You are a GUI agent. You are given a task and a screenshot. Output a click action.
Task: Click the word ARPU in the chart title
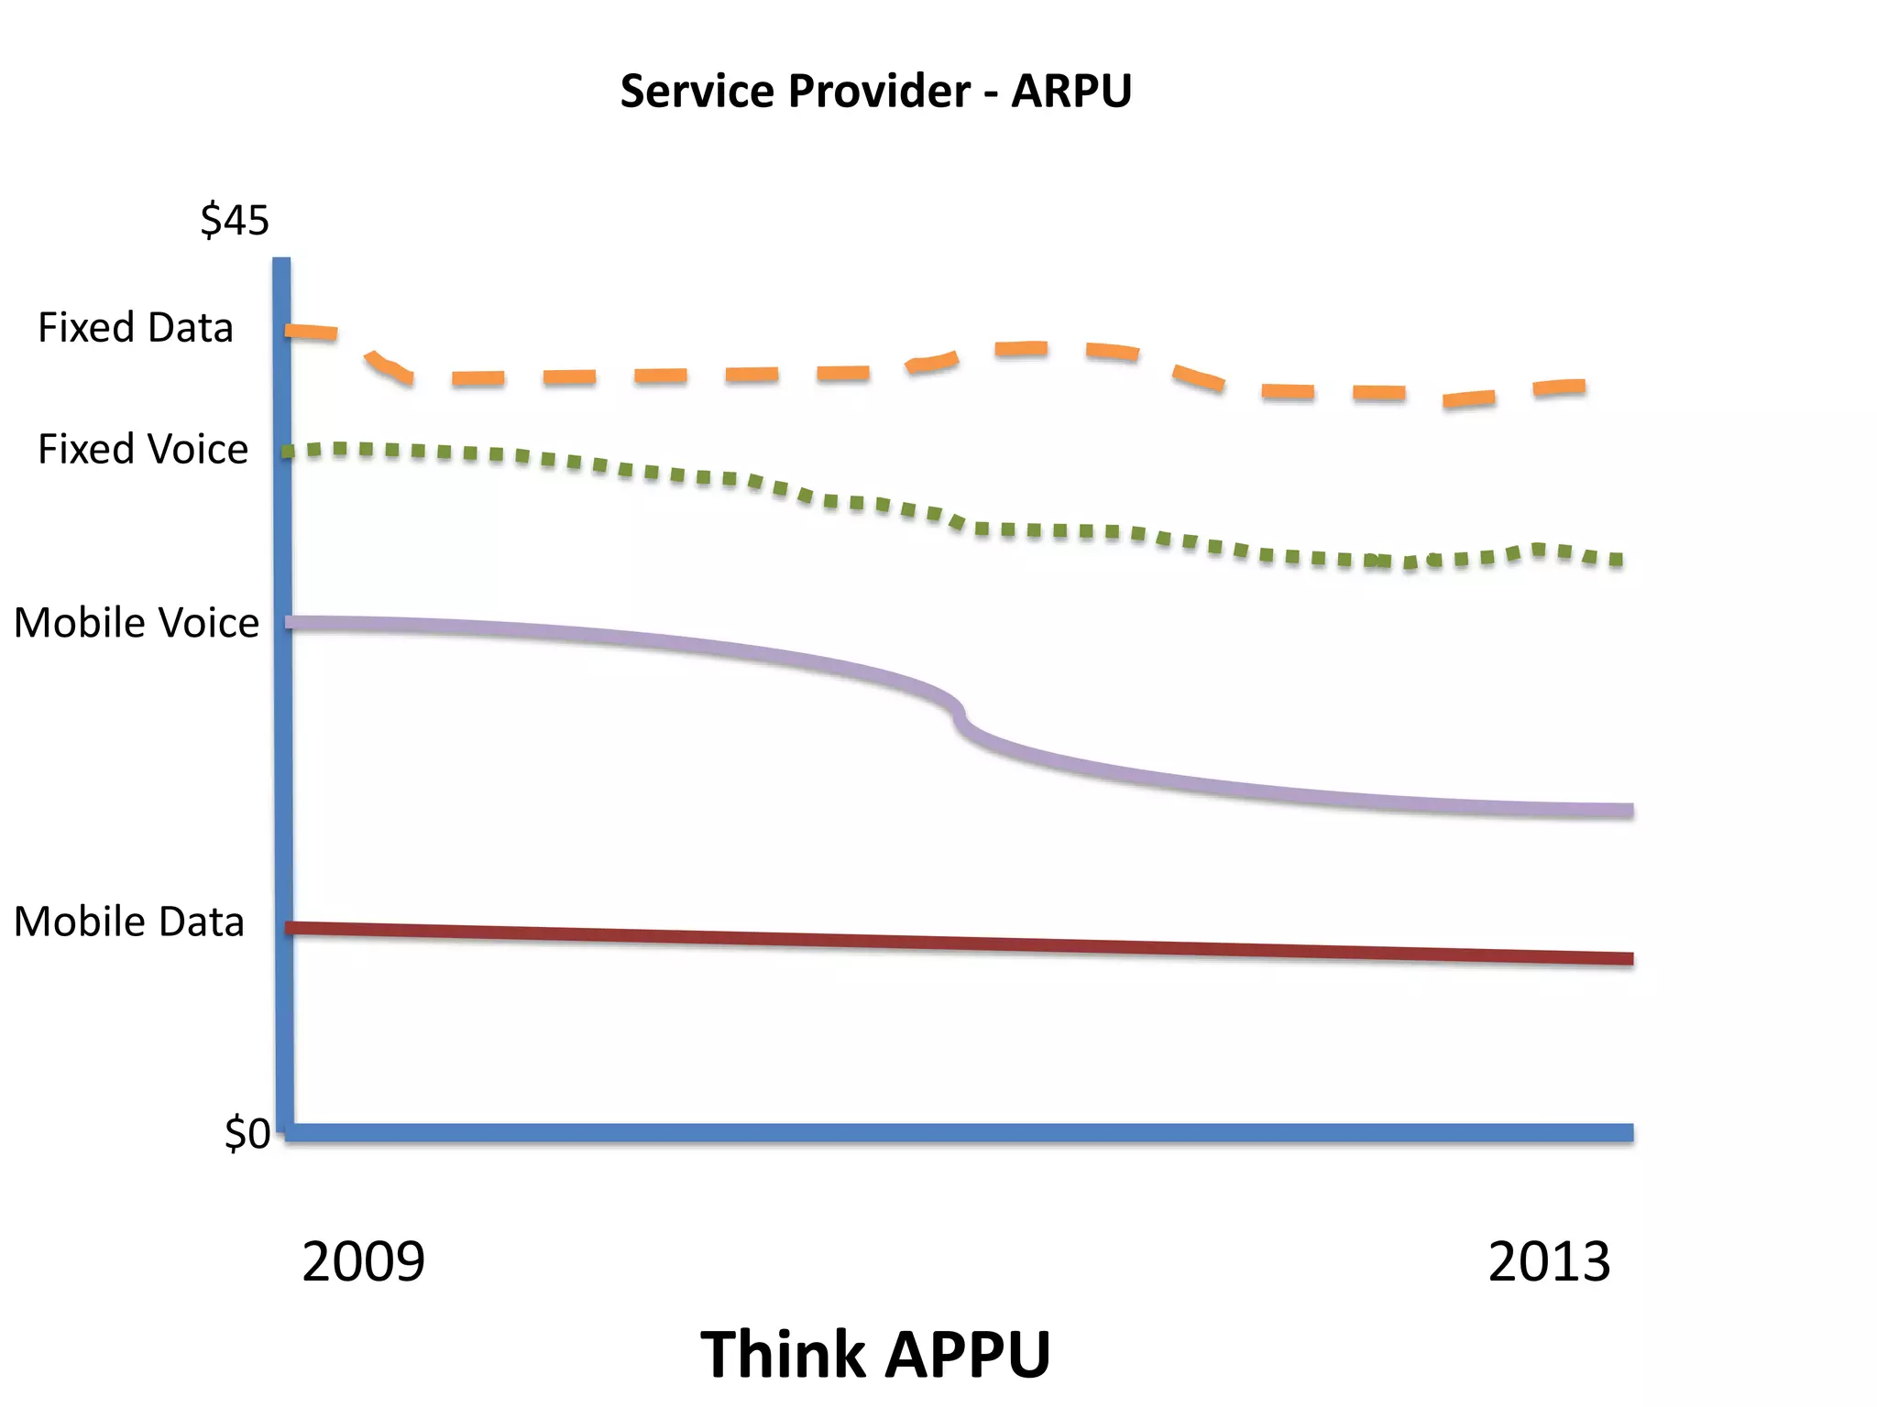(x=1071, y=92)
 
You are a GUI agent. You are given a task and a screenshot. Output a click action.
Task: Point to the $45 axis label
(x=235, y=221)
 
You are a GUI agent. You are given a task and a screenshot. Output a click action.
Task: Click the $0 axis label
(x=247, y=1134)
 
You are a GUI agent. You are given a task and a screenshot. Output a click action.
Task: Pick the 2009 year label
(x=363, y=1262)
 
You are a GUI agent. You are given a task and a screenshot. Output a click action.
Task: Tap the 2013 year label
(x=1549, y=1262)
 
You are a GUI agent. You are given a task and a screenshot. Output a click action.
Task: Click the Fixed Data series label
(x=136, y=328)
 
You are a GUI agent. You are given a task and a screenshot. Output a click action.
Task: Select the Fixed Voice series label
(x=143, y=450)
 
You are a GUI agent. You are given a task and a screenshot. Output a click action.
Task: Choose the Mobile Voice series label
(x=137, y=623)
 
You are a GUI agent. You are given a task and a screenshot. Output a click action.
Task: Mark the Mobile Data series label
(x=129, y=922)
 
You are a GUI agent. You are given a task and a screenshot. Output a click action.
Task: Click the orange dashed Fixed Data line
(x=752, y=375)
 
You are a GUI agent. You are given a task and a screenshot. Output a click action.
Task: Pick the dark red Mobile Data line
(x=917, y=943)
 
